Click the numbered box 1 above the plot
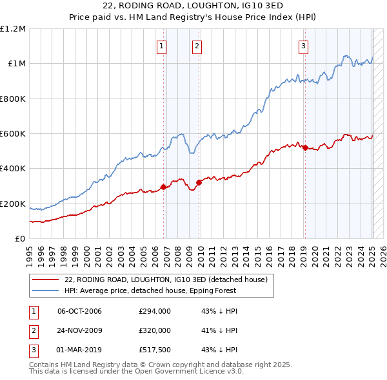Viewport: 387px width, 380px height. [x=161, y=46]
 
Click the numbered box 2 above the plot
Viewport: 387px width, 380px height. [x=196, y=46]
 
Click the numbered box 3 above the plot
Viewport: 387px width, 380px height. [x=303, y=46]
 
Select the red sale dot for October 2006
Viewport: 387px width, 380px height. [x=164, y=187]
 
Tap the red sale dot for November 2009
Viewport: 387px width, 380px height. [x=199, y=183]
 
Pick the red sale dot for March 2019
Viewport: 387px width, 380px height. [x=305, y=147]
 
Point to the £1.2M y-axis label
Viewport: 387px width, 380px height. [x=13, y=29]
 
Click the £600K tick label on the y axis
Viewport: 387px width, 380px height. [x=13, y=134]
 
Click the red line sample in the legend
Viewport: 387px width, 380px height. [x=45, y=280]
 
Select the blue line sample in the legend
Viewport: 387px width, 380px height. [x=45, y=290]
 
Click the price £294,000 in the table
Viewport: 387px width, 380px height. [x=155, y=311]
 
